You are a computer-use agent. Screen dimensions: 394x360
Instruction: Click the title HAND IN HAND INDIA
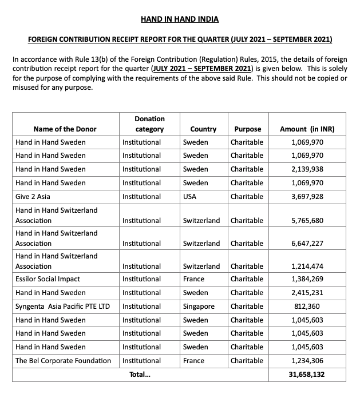(180, 19)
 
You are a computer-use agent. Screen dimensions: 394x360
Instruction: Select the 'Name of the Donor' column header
(65, 129)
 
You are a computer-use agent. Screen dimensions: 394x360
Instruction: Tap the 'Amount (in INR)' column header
(307, 129)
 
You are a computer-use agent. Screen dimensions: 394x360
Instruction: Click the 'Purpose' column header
(247, 129)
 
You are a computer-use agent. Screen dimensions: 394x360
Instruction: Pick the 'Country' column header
(203, 129)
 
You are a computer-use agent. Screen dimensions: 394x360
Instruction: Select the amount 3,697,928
(307, 197)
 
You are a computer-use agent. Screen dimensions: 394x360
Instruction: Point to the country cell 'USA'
(190, 197)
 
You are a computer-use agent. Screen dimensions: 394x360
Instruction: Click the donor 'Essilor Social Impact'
(48, 279)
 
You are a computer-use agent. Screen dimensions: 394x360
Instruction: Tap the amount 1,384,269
(307, 279)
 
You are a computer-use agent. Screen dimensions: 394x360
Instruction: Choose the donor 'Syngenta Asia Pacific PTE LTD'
(62, 307)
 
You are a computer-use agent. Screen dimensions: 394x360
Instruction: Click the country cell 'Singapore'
(199, 307)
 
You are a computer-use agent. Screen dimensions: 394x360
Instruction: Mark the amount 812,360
(307, 307)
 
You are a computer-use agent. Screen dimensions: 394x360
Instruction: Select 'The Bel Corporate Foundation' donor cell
(64, 361)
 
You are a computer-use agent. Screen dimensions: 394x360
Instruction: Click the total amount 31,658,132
(307, 375)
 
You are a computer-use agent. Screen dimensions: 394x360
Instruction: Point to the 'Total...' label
(140, 375)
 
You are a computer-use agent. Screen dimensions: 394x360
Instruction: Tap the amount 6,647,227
(307, 244)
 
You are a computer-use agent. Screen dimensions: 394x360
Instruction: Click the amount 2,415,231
(307, 293)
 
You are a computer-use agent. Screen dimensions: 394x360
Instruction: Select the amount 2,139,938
(307, 169)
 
